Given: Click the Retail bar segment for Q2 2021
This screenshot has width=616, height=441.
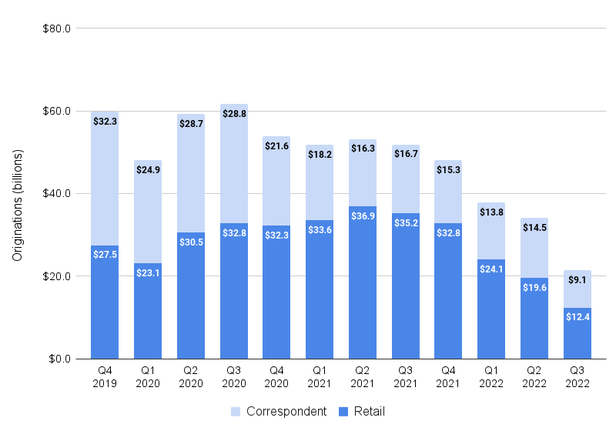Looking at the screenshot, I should click(x=363, y=292).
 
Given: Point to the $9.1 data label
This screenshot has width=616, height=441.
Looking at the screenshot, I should click(x=577, y=281).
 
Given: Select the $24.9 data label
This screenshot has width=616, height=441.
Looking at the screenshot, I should click(x=148, y=171).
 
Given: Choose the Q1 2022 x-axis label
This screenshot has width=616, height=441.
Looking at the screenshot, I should click(x=491, y=377).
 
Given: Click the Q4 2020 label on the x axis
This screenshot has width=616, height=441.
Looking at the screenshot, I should click(x=276, y=377).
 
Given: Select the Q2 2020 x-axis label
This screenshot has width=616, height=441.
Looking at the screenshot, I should click(x=191, y=377).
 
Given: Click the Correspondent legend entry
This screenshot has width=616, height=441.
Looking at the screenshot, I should click(x=278, y=412).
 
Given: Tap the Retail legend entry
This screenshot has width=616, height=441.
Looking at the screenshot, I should click(x=361, y=412).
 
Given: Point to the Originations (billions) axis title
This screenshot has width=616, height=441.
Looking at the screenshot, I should click(x=18, y=205).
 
